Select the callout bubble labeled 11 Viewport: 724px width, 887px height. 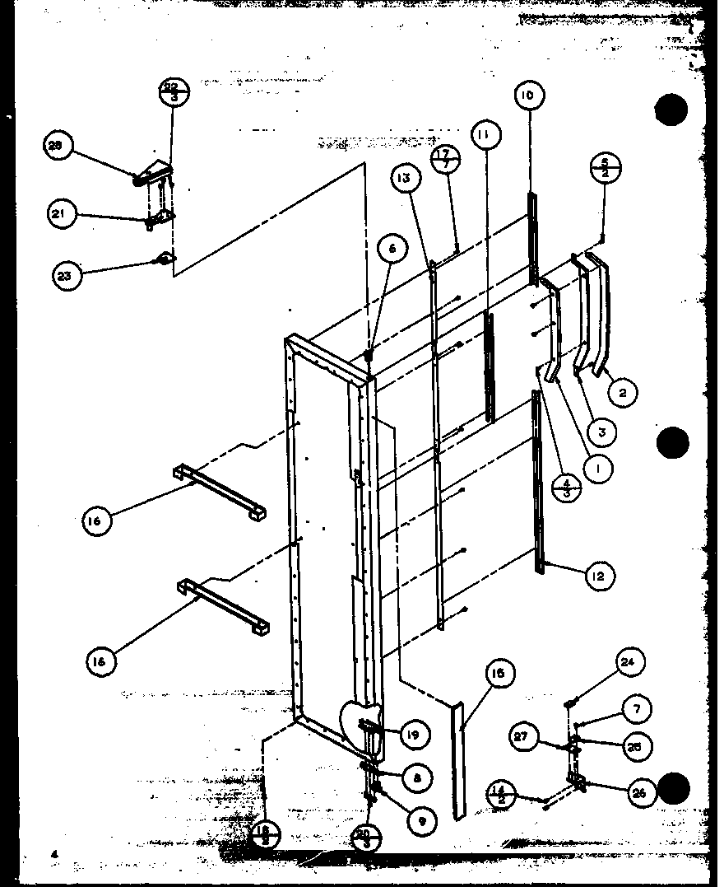pyautogui.click(x=485, y=133)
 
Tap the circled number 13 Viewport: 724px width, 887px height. pyautogui.click(x=406, y=178)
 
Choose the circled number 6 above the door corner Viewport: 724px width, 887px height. pyautogui.click(x=392, y=248)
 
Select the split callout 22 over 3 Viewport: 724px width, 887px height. pyautogui.click(x=174, y=90)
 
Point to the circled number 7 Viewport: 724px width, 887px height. pyautogui.click(x=636, y=708)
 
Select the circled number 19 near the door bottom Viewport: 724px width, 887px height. pyautogui.click(x=415, y=734)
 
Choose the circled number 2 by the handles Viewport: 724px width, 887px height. pyautogui.click(x=623, y=393)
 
